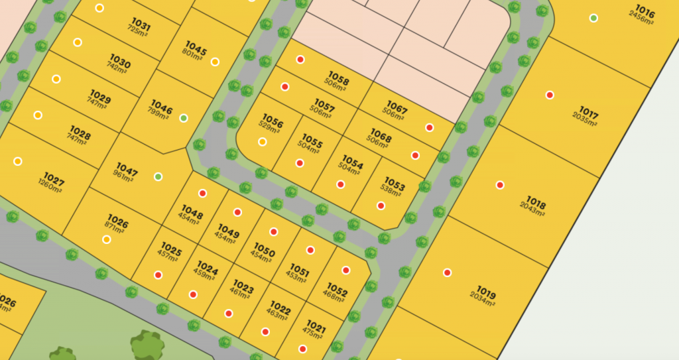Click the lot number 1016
(x=645, y=12)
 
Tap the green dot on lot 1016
(x=593, y=18)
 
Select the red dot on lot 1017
(x=550, y=95)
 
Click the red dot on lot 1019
(x=448, y=272)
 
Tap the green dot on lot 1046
(x=184, y=118)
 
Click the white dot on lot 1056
(x=263, y=141)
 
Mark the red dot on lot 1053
(x=381, y=206)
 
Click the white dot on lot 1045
(x=215, y=62)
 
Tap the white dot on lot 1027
(x=18, y=161)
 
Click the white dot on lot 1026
(x=107, y=239)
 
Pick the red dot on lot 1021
(x=302, y=349)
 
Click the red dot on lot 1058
(x=300, y=60)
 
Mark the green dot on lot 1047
(x=158, y=176)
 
